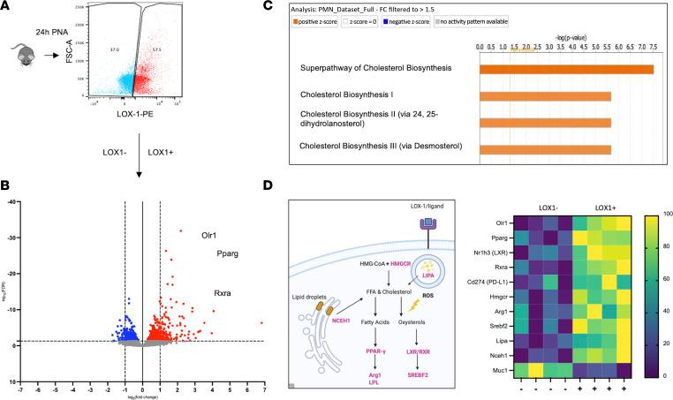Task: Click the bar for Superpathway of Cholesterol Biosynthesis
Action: (x=566, y=69)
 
